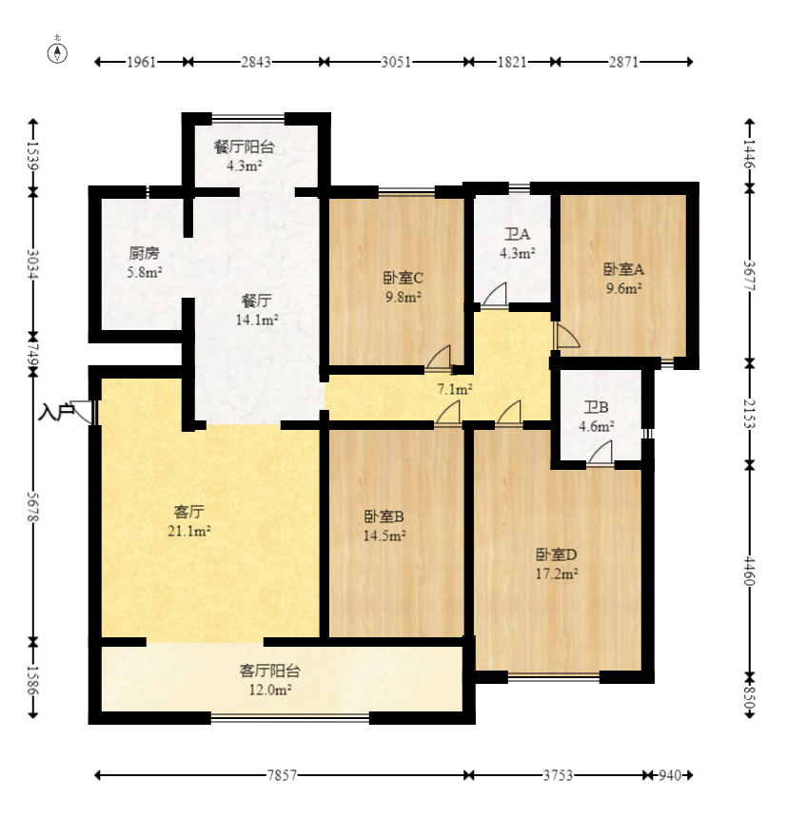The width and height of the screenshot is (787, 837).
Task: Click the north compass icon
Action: (58, 51)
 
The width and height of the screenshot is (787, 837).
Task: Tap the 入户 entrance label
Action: (56, 413)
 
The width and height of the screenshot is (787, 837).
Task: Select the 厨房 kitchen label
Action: (144, 254)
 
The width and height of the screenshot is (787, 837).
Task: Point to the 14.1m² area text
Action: (258, 321)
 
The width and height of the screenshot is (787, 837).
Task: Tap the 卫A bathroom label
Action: (517, 234)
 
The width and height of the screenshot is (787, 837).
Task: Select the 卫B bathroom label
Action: (597, 408)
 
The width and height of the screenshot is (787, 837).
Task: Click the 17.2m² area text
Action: (557, 574)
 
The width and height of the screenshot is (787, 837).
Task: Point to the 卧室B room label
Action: (384, 516)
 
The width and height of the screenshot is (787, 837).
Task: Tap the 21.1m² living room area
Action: (188, 532)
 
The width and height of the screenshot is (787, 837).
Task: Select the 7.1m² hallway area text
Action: (454, 389)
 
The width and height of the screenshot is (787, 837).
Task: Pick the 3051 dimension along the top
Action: (396, 63)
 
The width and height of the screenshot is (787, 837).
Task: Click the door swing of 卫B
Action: (600, 454)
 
